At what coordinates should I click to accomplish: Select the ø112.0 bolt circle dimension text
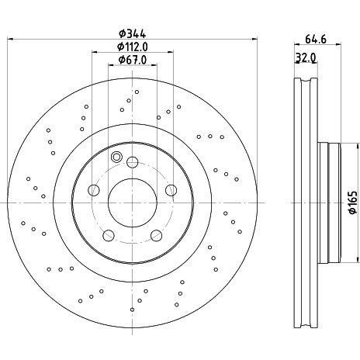click(x=133, y=47)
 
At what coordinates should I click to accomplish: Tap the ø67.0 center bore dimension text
click(x=133, y=61)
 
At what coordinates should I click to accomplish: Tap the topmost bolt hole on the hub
click(x=133, y=162)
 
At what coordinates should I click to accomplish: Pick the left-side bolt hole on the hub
click(x=93, y=191)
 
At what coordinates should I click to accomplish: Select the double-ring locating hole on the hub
click(x=117, y=157)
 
